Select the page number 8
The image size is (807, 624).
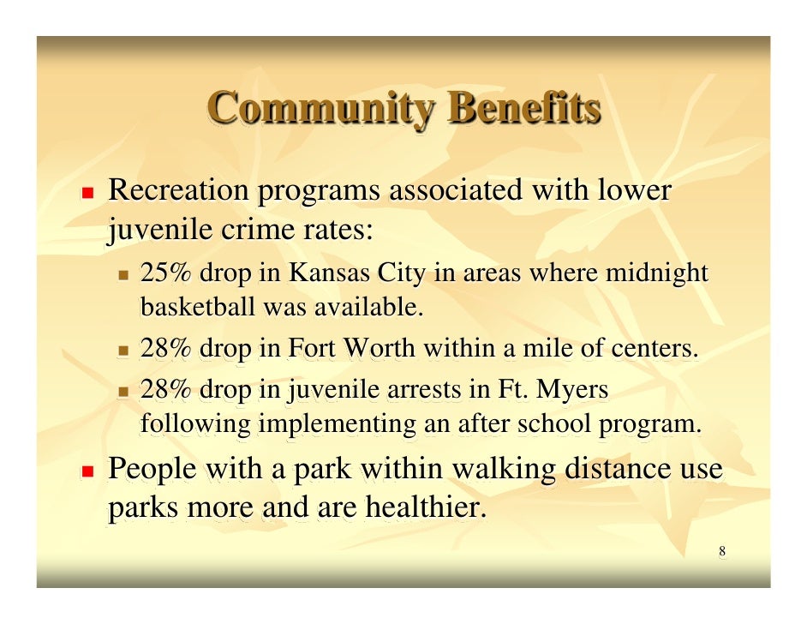[722, 551]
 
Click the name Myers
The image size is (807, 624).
[573, 391]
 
